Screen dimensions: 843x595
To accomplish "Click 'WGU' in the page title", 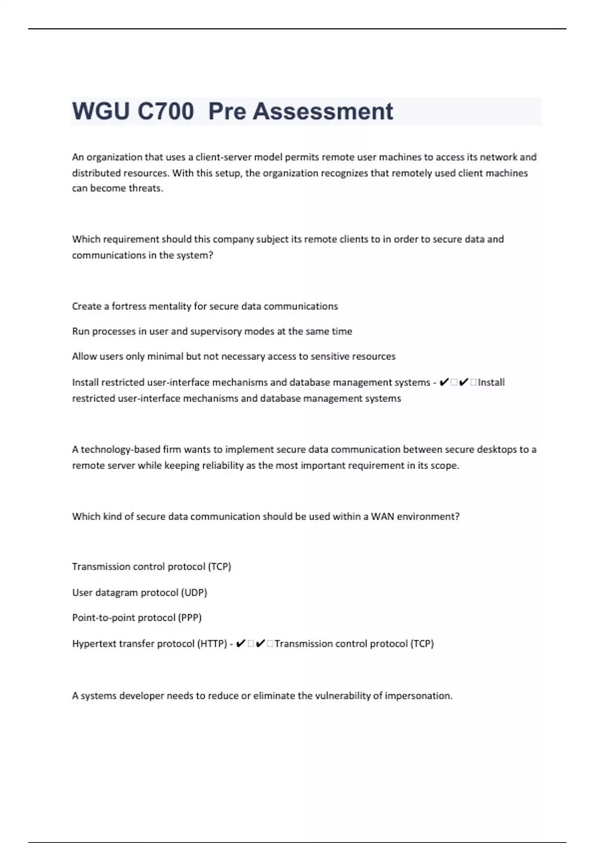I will (101, 111).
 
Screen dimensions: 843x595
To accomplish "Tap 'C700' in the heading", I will (166, 111).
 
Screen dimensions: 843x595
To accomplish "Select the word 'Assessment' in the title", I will (323, 111).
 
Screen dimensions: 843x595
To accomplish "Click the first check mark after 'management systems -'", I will (444, 382).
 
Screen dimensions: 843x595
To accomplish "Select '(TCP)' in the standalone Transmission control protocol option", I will (220, 567).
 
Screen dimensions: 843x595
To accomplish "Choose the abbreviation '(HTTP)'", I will (212, 644).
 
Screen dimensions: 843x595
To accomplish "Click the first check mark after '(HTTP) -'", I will (241, 644).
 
